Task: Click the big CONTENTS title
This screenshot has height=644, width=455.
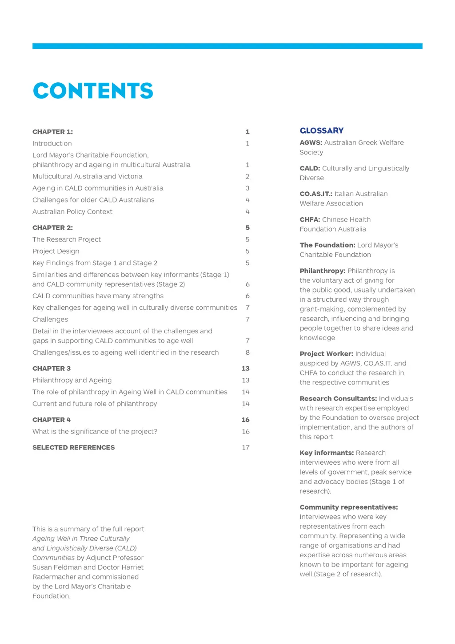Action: [93, 91]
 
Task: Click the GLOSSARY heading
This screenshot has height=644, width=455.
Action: [322, 130]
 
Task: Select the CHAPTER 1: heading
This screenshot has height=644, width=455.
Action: [52, 132]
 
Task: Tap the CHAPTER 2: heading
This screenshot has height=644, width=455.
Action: [52, 227]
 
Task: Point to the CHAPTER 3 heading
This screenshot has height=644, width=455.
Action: [52, 369]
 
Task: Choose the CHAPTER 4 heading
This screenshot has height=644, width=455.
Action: [52, 420]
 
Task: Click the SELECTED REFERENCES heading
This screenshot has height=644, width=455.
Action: [73, 447]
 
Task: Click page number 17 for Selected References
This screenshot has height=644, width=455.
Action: [246, 447]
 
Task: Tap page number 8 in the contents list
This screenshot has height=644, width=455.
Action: [247, 352]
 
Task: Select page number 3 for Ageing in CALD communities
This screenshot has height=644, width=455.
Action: [247, 188]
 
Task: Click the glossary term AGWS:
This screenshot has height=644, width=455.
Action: [311, 142]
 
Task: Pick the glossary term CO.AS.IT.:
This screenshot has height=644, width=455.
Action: [316, 194]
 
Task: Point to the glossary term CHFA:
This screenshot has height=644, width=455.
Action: [310, 219]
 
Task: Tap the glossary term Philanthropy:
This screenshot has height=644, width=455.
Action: [323, 271]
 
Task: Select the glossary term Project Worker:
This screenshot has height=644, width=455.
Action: [327, 353]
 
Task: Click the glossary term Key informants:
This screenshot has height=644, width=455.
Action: [327, 453]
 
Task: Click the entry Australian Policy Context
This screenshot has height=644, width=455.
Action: [72, 212]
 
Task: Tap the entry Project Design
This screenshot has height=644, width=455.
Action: [56, 251]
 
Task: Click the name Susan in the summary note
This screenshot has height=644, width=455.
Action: [43, 567]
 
